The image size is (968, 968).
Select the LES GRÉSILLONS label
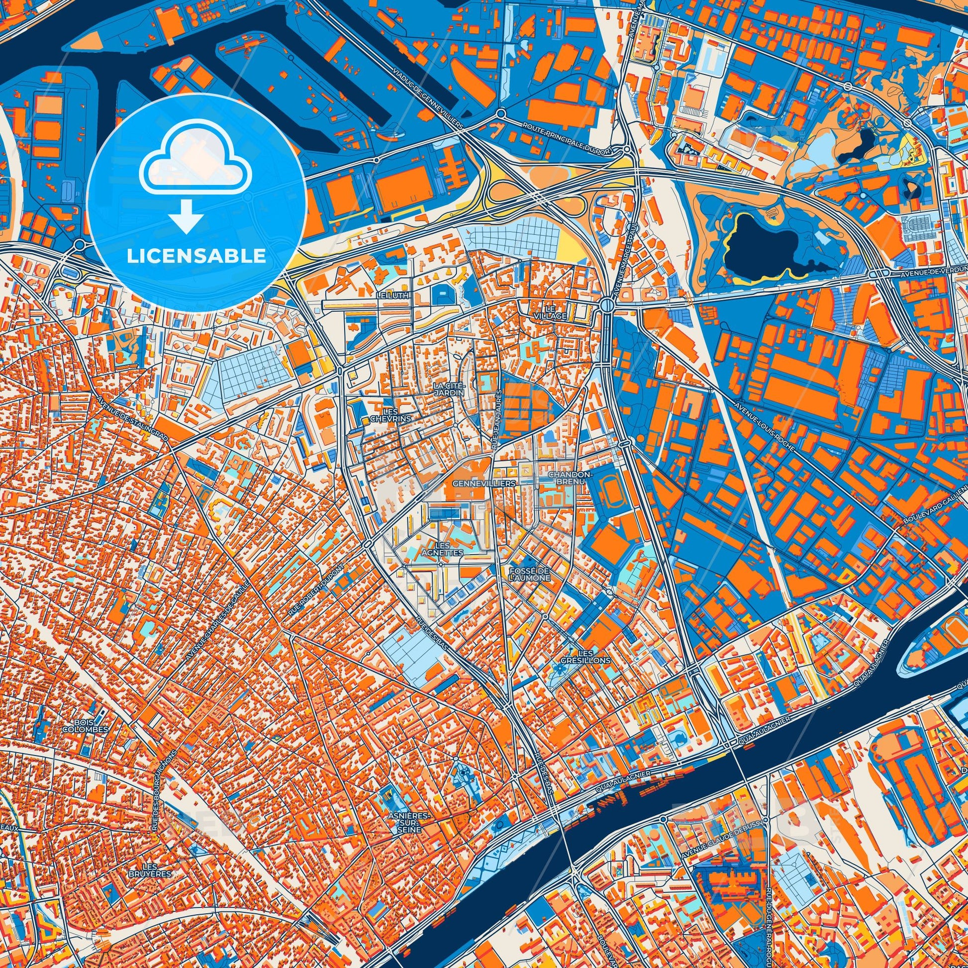click(594, 657)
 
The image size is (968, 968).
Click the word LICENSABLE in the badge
click(196, 257)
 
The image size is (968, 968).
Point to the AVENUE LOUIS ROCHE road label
click(765, 426)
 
